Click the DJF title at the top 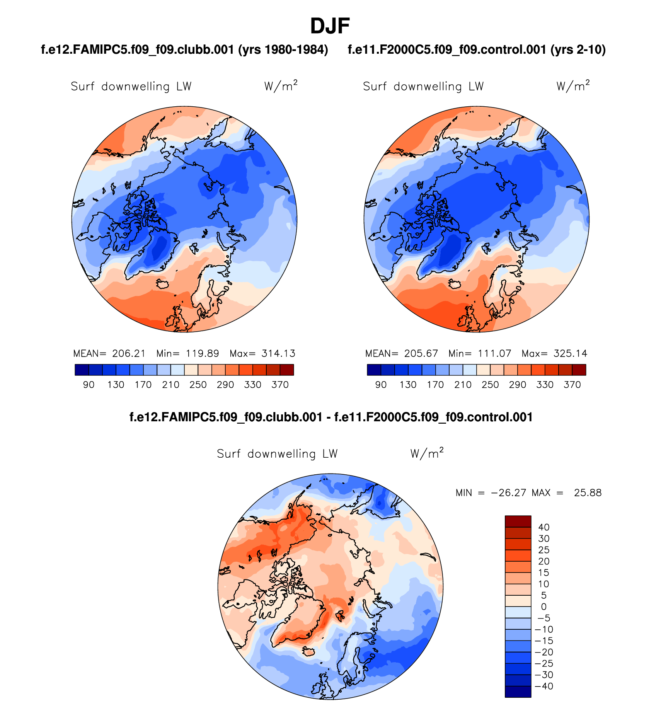tap(330, 26)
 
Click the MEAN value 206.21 tap(129, 353)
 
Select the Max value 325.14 tap(570, 353)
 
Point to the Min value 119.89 tap(202, 353)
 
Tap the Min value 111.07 tap(494, 353)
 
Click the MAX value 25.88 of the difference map tap(588, 492)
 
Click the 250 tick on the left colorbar tap(198, 385)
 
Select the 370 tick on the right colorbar tap(572, 385)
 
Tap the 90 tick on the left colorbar tap(89, 385)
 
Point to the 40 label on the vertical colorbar tap(544, 527)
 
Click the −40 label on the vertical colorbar tap(544, 686)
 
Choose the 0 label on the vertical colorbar tap(544, 607)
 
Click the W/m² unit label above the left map tap(281, 85)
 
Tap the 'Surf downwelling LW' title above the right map tap(423, 87)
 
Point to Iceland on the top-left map tap(163, 284)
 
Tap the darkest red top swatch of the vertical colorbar tap(518, 521)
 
